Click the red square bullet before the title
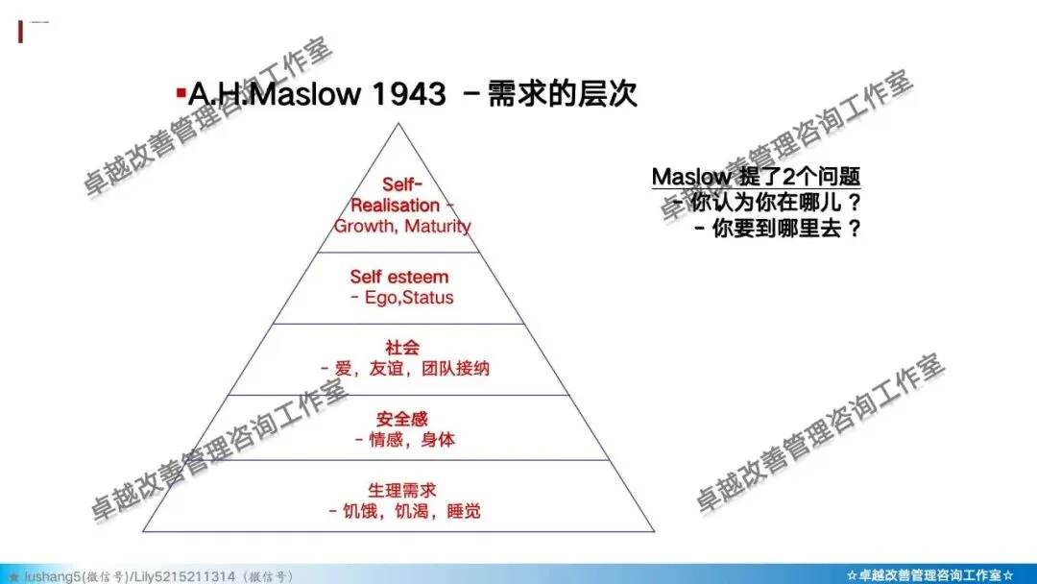click(x=180, y=93)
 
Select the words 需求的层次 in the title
click(x=563, y=94)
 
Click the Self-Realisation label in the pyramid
click(x=396, y=194)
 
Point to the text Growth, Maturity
click(x=402, y=227)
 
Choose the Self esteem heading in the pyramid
click(x=398, y=277)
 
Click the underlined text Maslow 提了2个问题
click(x=756, y=177)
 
